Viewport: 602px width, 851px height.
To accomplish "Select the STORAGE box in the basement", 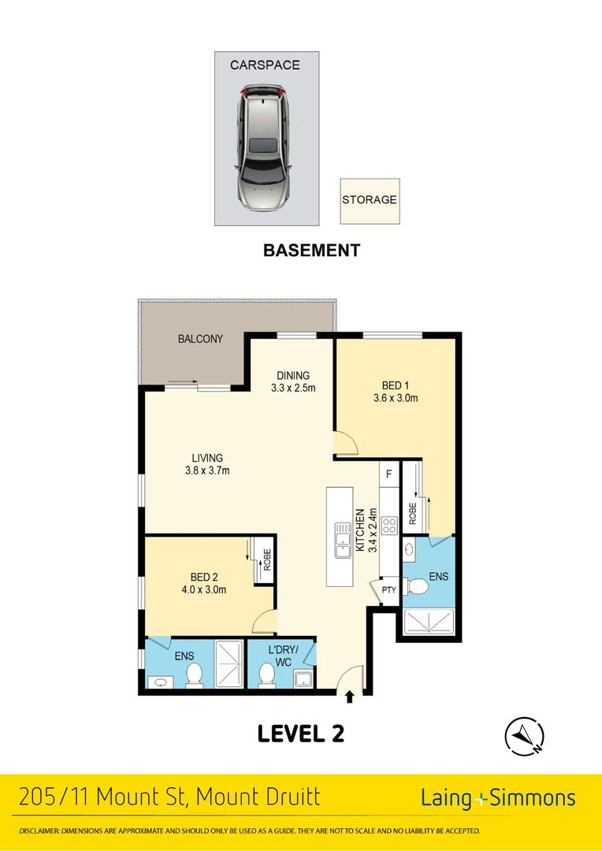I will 369,199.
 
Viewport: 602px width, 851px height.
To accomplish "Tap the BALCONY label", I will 199,340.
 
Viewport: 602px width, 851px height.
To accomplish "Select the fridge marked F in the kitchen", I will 388,474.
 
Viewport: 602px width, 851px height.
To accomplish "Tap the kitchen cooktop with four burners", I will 388,526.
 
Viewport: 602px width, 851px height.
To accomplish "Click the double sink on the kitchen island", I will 343,541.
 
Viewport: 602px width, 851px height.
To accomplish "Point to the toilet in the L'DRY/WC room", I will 267,674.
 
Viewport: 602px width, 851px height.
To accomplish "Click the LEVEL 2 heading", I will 301,734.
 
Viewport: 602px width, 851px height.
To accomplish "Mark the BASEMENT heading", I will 311,251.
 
